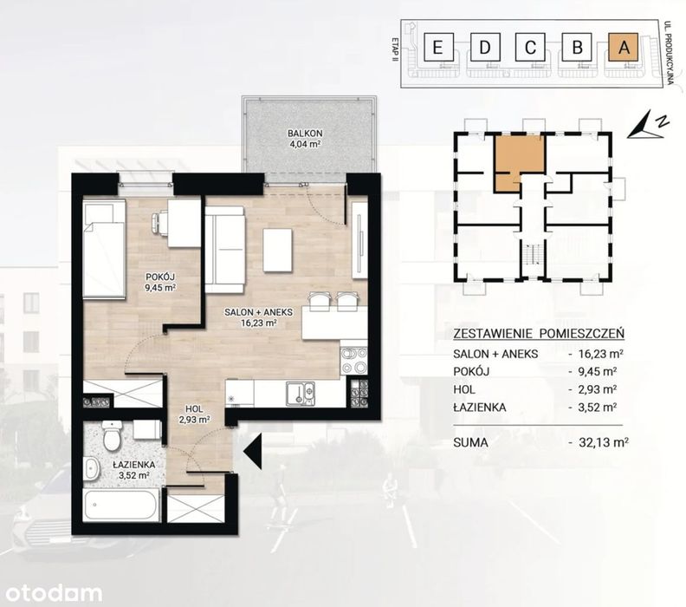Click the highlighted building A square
click(x=624, y=47)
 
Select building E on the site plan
click(x=437, y=47)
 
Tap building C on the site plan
click(x=530, y=47)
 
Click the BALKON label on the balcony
click(x=305, y=134)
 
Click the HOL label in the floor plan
click(x=194, y=409)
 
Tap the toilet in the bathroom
click(x=112, y=436)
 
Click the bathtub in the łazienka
click(x=120, y=505)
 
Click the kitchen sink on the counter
click(x=300, y=393)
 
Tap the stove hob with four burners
click(x=353, y=360)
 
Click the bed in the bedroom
click(x=105, y=248)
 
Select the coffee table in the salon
click(x=277, y=250)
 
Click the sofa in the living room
click(x=225, y=249)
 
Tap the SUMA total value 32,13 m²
click(x=604, y=442)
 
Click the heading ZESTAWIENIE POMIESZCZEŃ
click(x=539, y=334)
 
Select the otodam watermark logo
click(x=54, y=593)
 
